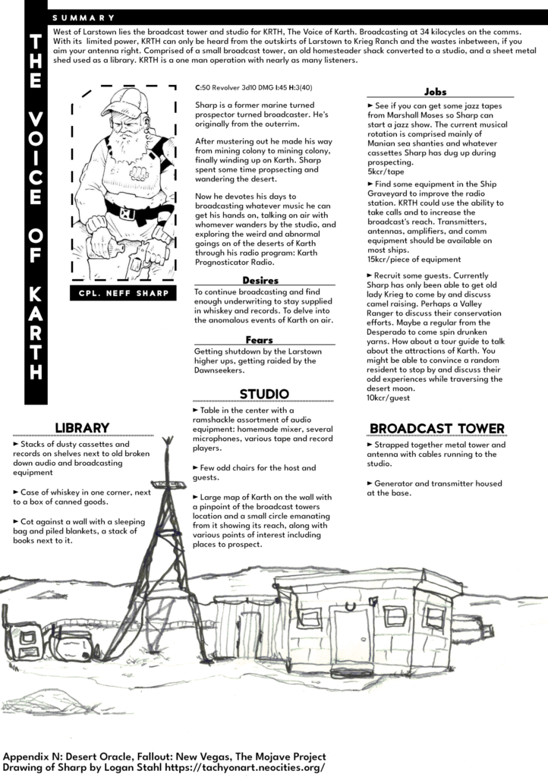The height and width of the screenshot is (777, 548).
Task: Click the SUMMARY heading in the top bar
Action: coord(83,17)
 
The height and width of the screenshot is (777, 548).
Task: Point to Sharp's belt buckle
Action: coord(128,213)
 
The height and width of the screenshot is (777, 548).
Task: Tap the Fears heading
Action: coord(260,340)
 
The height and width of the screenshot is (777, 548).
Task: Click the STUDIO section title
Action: coord(263,394)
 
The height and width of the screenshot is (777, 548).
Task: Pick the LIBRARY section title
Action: coord(83,427)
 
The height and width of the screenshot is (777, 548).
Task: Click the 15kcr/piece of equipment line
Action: coord(414,259)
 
